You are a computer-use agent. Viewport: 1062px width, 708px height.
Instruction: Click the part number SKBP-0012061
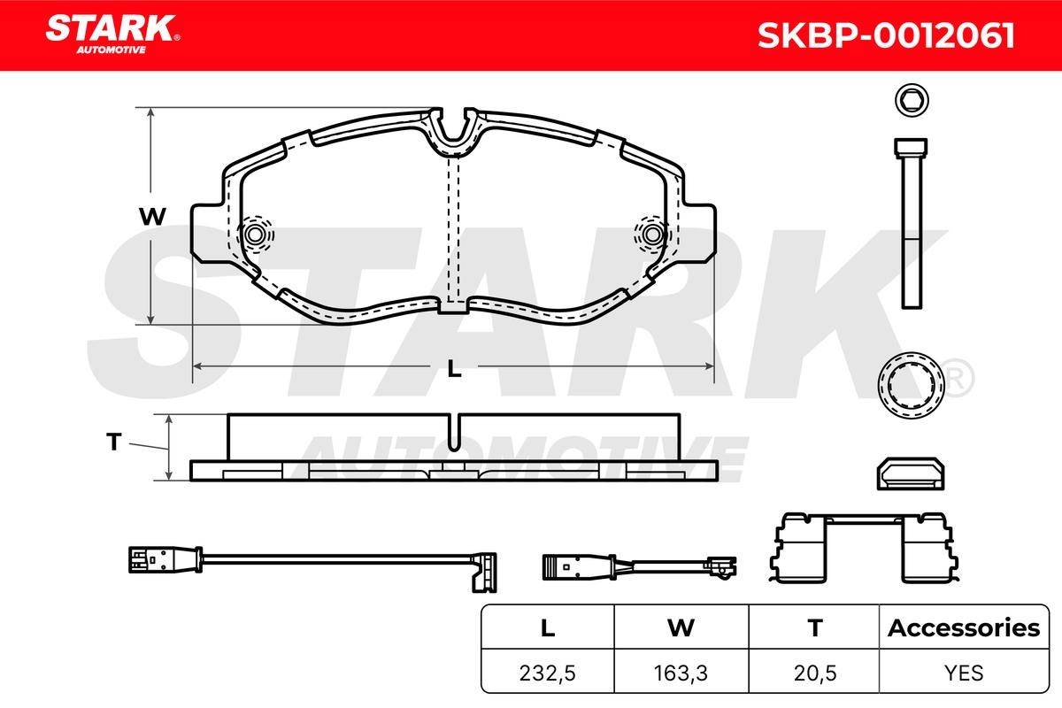(886, 35)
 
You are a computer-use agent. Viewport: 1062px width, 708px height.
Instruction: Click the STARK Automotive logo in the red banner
(112, 35)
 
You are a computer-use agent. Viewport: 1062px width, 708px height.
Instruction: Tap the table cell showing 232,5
(548, 673)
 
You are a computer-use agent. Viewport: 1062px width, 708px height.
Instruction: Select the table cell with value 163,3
(681, 673)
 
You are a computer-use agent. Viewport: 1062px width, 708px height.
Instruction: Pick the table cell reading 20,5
(815, 673)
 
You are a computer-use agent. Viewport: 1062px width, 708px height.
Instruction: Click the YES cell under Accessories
(964, 673)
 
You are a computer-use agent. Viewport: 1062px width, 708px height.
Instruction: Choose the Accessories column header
(964, 627)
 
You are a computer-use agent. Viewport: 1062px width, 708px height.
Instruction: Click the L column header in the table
(548, 627)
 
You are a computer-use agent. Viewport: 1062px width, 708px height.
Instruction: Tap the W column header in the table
(681, 627)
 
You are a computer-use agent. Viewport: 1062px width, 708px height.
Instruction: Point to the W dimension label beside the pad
(152, 217)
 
